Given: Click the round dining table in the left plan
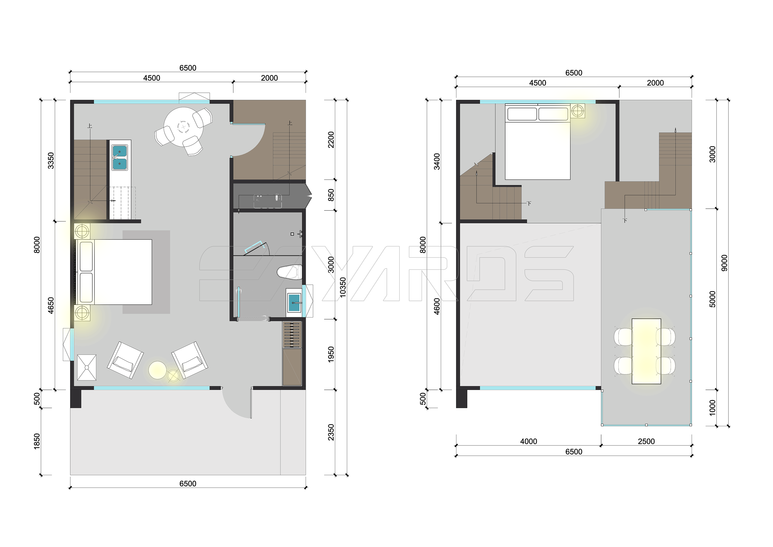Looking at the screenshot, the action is point(183,127).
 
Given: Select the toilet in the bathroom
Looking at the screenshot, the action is point(289,272).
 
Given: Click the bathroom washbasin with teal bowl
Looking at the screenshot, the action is point(294,303).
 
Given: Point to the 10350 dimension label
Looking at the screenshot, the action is point(343,287).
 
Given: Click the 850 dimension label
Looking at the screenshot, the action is point(331,195).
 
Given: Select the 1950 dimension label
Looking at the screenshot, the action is point(331,354).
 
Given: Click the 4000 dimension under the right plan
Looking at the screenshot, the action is point(528,441).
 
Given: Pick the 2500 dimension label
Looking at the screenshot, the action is point(646,441).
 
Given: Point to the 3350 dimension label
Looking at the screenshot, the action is point(51,161).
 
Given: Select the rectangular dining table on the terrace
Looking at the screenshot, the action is point(646,351).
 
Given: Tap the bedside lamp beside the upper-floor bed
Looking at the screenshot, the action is point(578,111).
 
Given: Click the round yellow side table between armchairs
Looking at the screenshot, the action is point(157,370).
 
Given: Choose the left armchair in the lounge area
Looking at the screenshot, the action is point(125,360).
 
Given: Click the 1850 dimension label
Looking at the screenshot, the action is point(37,441).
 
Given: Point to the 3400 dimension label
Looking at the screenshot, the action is point(436,161).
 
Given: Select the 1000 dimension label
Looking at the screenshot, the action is point(712,408).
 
